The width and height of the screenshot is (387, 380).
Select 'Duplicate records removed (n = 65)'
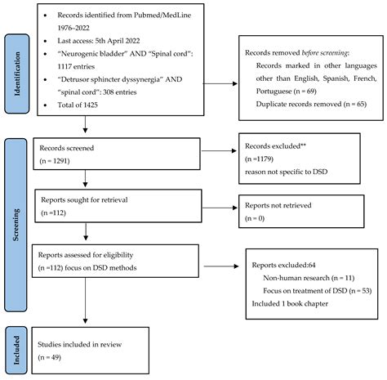click(x=306, y=105)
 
